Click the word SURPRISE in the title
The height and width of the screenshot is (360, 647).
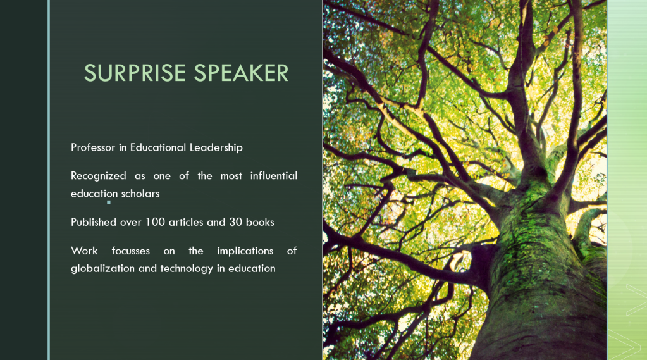point(135,73)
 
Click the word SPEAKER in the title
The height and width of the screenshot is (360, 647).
point(241,73)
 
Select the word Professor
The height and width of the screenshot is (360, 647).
point(93,147)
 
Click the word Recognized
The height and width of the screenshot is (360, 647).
point(98,177)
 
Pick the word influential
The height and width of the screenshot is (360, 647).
point(274,175)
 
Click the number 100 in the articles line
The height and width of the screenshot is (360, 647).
point(155,222)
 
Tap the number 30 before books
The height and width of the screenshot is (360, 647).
point(236,222)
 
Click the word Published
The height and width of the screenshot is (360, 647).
point(94,222)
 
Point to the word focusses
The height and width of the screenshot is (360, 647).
point(130,251)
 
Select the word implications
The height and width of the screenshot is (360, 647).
point(245,251)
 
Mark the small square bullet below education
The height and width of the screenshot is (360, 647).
point(109,202)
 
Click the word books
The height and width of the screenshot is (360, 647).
point(260,222)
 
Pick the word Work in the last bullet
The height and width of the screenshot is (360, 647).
point(84,251)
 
